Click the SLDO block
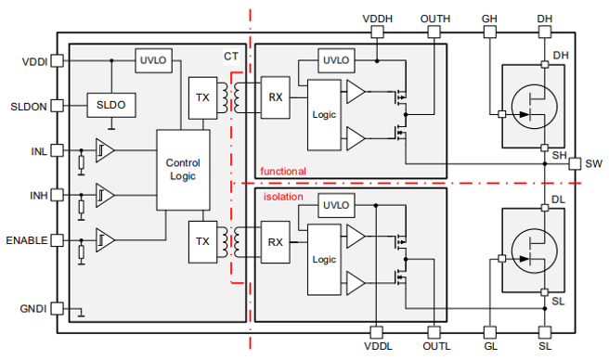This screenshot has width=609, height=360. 111,105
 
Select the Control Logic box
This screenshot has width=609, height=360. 183,170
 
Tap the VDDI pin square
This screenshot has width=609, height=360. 58,60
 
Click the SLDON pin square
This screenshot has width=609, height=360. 58,106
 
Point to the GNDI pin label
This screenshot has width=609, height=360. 33,309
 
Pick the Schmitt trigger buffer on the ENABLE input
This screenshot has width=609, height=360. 105,240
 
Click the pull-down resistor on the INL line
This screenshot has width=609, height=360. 81,162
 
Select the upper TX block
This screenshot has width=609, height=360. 202,97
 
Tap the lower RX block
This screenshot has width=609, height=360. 276,242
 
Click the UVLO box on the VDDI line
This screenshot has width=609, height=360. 153,60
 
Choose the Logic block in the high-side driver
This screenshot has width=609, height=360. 324,115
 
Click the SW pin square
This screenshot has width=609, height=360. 575,163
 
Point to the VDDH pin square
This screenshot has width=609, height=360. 377,32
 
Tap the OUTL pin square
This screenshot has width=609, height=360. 434,332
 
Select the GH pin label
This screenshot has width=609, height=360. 489,19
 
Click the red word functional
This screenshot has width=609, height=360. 283,172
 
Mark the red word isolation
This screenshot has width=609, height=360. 283,197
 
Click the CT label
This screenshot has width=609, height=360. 231,57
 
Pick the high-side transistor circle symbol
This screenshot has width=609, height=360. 534,106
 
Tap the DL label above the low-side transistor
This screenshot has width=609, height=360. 558,199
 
